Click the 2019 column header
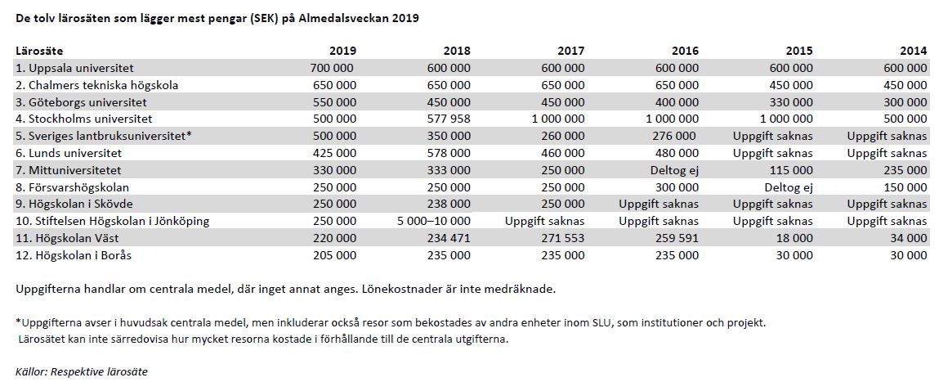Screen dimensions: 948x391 click(x=342, y=52)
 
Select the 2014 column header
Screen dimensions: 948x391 click(x=913, y=52)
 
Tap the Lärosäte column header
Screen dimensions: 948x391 click(x=39, y=52)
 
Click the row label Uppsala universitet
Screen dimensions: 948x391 click(x=75, y=69)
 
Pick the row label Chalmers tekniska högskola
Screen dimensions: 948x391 click(x=96, y=85)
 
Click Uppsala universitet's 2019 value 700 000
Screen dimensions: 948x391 click(x=332, y=69)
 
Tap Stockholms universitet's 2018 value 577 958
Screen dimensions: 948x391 click(x=448, y=119)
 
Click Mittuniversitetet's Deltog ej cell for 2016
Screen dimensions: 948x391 click(x=675, y=171)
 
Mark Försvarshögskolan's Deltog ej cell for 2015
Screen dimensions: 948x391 click(x=789, y=187)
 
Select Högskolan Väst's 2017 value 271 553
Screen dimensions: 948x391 click(x=562, y=239)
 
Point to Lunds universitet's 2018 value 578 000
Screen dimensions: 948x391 click(x=448, y=154)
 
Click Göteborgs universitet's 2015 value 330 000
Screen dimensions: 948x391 click(x=791, y=102)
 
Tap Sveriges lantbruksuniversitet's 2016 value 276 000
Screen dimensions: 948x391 click(x=674, y=136)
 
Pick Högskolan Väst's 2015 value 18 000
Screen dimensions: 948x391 click(x=794, y=239)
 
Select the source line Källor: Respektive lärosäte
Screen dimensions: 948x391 click(x=82, y=371)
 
